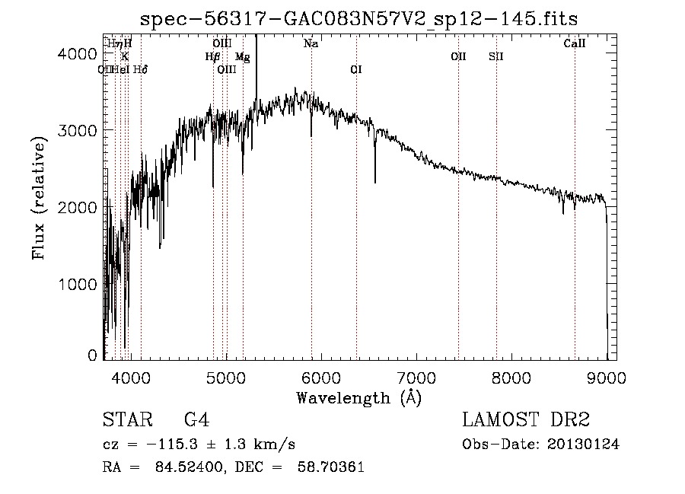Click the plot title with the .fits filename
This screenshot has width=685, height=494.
pos(360,19)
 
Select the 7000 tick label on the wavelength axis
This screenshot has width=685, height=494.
pos(417,377)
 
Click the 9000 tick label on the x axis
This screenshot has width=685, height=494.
pos(607,377)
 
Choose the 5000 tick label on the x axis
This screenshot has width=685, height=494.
pos(226,377)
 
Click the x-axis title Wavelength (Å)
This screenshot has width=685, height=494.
pos(358,397)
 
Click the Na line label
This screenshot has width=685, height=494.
pos(311,44)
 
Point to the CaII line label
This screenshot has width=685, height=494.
pos(575,44)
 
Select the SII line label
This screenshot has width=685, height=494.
pos(496,56)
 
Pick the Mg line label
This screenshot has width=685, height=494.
pos(242,56)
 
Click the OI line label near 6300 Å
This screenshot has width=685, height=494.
pos(355,69)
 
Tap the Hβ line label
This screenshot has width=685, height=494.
pos(212,56)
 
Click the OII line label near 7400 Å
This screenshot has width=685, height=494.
pos(458,56)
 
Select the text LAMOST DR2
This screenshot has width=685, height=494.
pos(526,420)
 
